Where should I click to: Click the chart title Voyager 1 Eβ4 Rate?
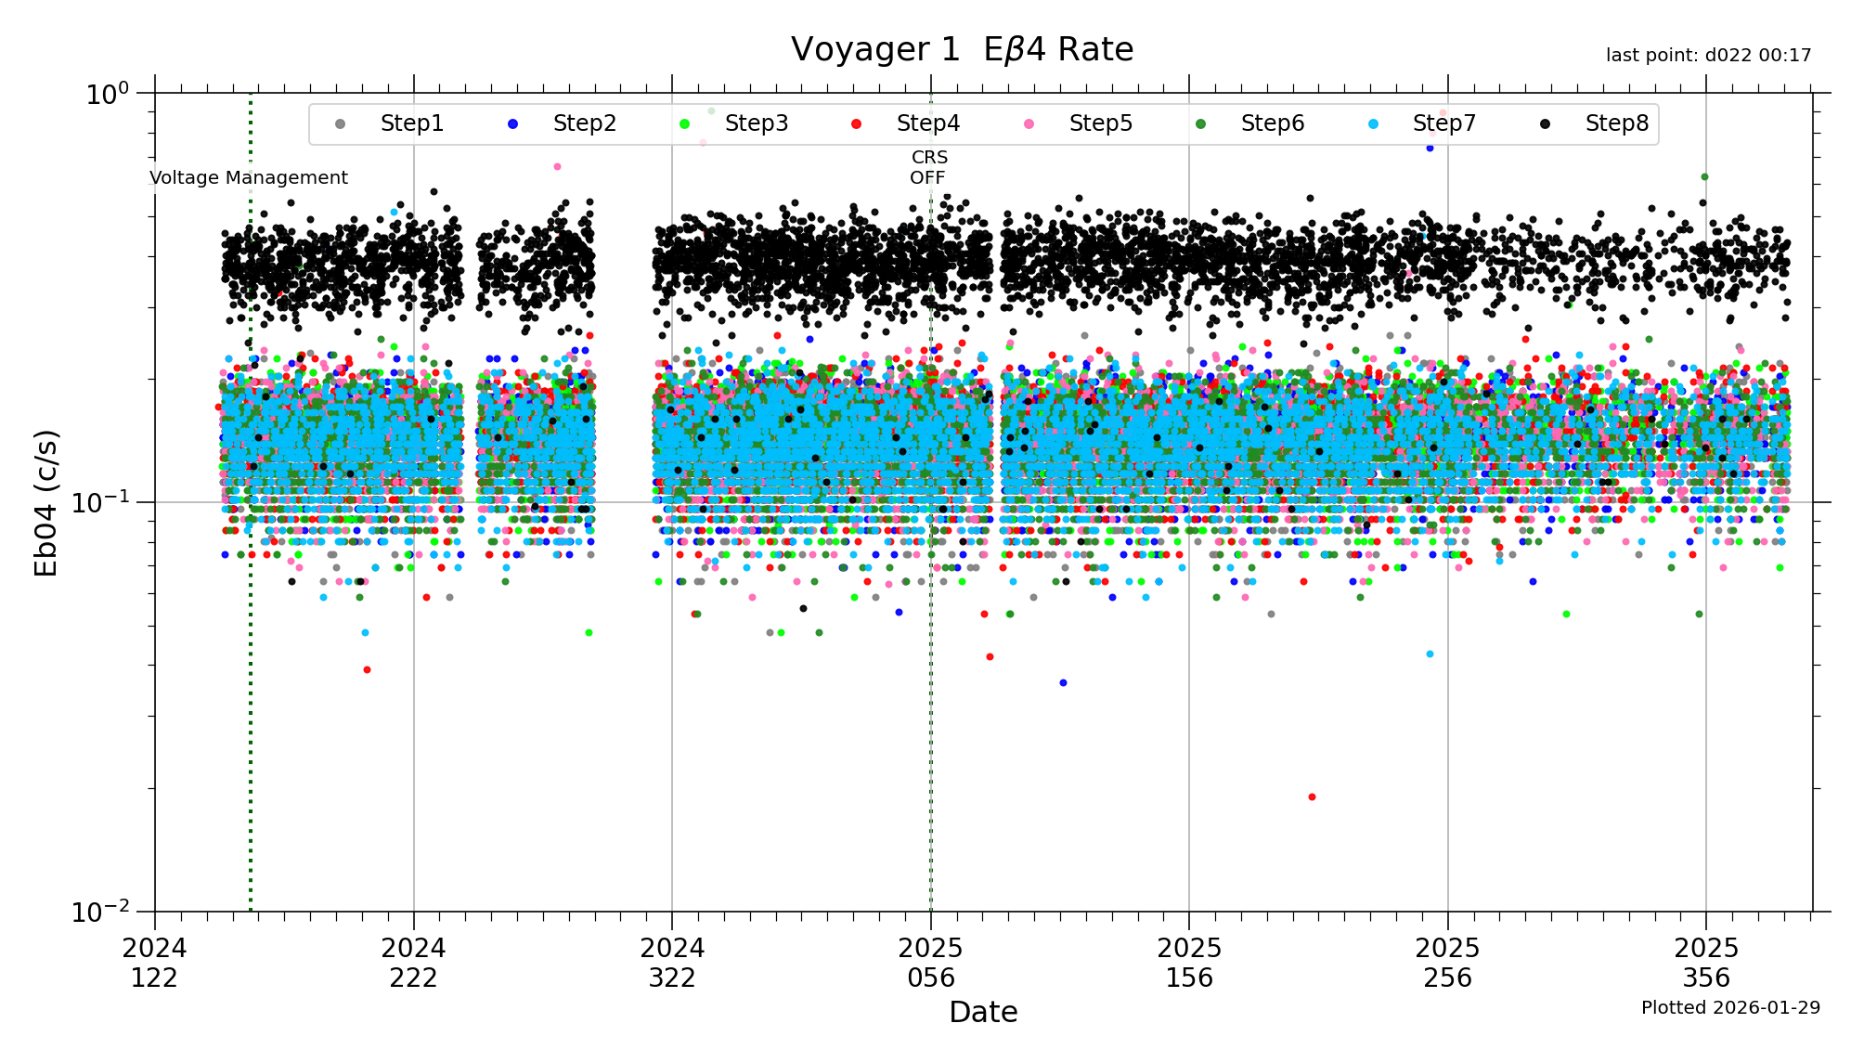point(962,50)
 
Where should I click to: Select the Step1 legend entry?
point(411,123)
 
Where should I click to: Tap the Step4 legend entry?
point(927,123)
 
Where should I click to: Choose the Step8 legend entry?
point(1616,123)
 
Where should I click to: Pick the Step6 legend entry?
point(1272,123)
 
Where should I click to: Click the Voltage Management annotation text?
point(249,178)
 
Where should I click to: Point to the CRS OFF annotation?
point(928,168)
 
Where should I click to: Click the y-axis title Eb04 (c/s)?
point(46,502)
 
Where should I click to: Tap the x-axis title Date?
point(983,1012)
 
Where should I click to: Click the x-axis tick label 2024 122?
point(155,963)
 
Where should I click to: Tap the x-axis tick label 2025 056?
point(931,963)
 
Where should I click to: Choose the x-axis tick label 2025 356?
point(1706,963)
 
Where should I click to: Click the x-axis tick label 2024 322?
point(672,963)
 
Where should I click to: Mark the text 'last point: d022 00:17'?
point(1708,56)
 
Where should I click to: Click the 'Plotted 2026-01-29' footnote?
point(1730,1008)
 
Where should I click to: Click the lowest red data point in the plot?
point(1312,797)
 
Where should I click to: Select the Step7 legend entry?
point(1443,123)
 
